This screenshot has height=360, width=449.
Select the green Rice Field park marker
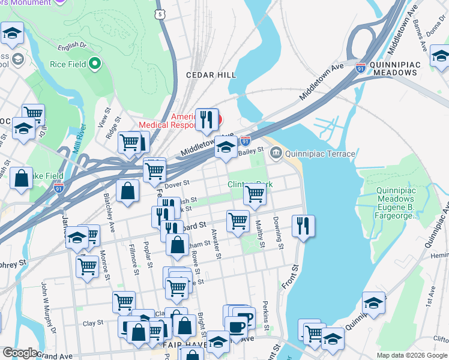95,63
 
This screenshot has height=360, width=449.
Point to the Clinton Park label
249,184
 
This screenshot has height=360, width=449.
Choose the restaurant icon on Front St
304,226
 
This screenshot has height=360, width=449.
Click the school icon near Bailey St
226,147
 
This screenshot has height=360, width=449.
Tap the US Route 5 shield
159,13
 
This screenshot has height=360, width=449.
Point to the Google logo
20,353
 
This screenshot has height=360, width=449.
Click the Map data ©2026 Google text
412,355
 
